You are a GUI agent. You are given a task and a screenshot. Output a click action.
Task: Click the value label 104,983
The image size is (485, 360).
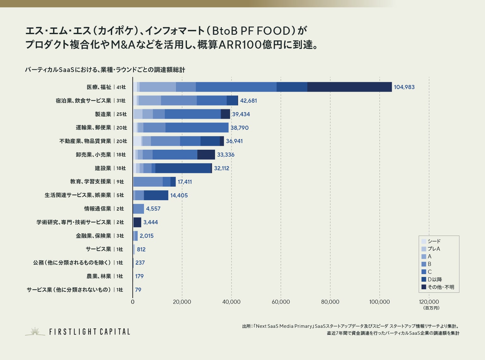pos(404,87)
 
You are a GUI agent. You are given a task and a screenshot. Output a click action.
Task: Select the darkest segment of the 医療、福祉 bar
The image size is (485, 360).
pos(349,87)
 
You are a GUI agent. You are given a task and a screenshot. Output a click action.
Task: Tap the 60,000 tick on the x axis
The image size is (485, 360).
pos(281,302)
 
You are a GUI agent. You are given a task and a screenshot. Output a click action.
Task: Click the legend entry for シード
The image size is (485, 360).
pos(434,241)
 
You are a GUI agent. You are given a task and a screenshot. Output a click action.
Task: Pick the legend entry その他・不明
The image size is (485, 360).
pos(440,287)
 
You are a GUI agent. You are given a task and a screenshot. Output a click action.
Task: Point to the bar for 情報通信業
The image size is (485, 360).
pos(138,209)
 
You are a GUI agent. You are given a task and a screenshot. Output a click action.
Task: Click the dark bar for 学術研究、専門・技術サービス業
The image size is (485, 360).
pos(137,222)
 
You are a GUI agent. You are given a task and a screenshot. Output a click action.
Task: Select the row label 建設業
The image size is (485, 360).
pos(103,168)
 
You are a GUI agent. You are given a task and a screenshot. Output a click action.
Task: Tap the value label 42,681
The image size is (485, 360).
pos(248,101)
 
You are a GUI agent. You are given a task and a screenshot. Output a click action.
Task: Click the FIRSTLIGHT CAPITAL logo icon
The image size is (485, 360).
pos(35,331)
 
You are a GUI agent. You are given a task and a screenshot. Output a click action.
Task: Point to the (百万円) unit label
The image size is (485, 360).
pos(431,308)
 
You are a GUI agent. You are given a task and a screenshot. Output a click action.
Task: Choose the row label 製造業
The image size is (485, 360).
pos(103,114)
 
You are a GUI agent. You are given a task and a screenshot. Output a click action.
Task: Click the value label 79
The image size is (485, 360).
pos(138,290)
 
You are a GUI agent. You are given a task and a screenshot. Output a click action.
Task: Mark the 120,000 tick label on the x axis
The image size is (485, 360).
pos(428,302)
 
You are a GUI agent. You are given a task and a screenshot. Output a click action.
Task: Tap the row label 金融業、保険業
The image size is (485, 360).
pos(93,236)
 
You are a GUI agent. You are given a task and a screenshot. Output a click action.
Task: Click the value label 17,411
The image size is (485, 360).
pos(184,182)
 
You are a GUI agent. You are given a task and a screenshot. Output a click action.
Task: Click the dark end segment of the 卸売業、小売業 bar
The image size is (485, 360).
pos(206,155)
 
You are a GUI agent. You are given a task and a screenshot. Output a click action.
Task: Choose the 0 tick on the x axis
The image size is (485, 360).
pos(133,302)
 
